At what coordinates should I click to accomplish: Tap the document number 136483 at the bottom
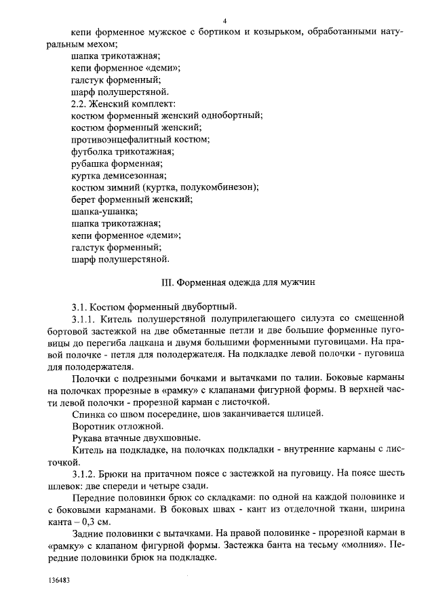59,581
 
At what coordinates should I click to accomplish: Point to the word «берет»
84,199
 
